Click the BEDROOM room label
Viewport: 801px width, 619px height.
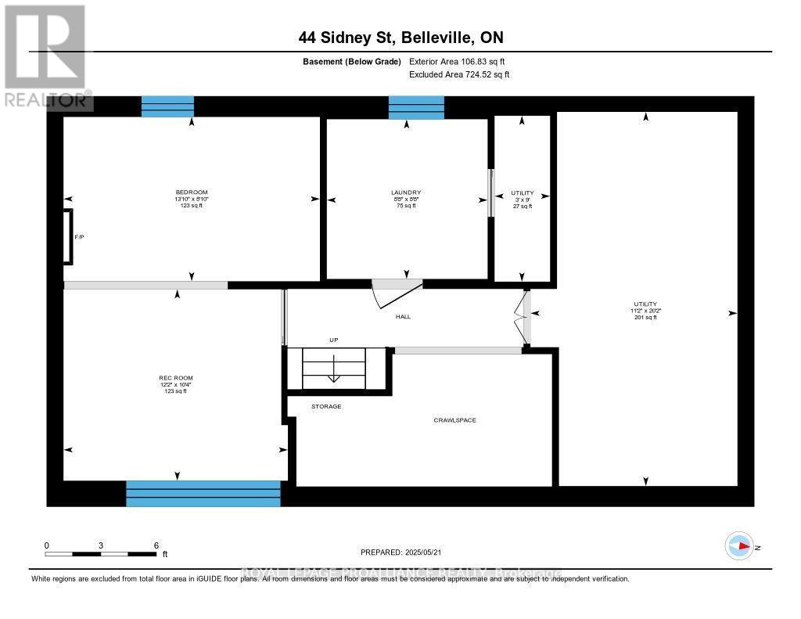click(191, 193)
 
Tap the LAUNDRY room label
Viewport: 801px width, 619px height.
click(406, 193)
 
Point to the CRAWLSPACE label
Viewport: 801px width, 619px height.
click(454, 420)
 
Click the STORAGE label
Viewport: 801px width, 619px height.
click(326, 406)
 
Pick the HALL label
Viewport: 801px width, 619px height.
click(403, 317)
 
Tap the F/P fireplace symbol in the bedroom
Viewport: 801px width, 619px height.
click(68, 236)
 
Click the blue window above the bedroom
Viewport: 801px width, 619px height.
click(167, 106)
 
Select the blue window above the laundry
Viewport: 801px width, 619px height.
click(416, 107)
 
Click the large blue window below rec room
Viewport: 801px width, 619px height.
click(203, 493)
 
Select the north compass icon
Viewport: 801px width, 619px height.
click(739, 545)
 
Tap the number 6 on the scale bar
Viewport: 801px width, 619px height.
click(156, 545)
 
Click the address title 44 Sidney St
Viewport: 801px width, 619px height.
click(400, 37)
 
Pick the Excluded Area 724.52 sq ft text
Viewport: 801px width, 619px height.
click(459, 74)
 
